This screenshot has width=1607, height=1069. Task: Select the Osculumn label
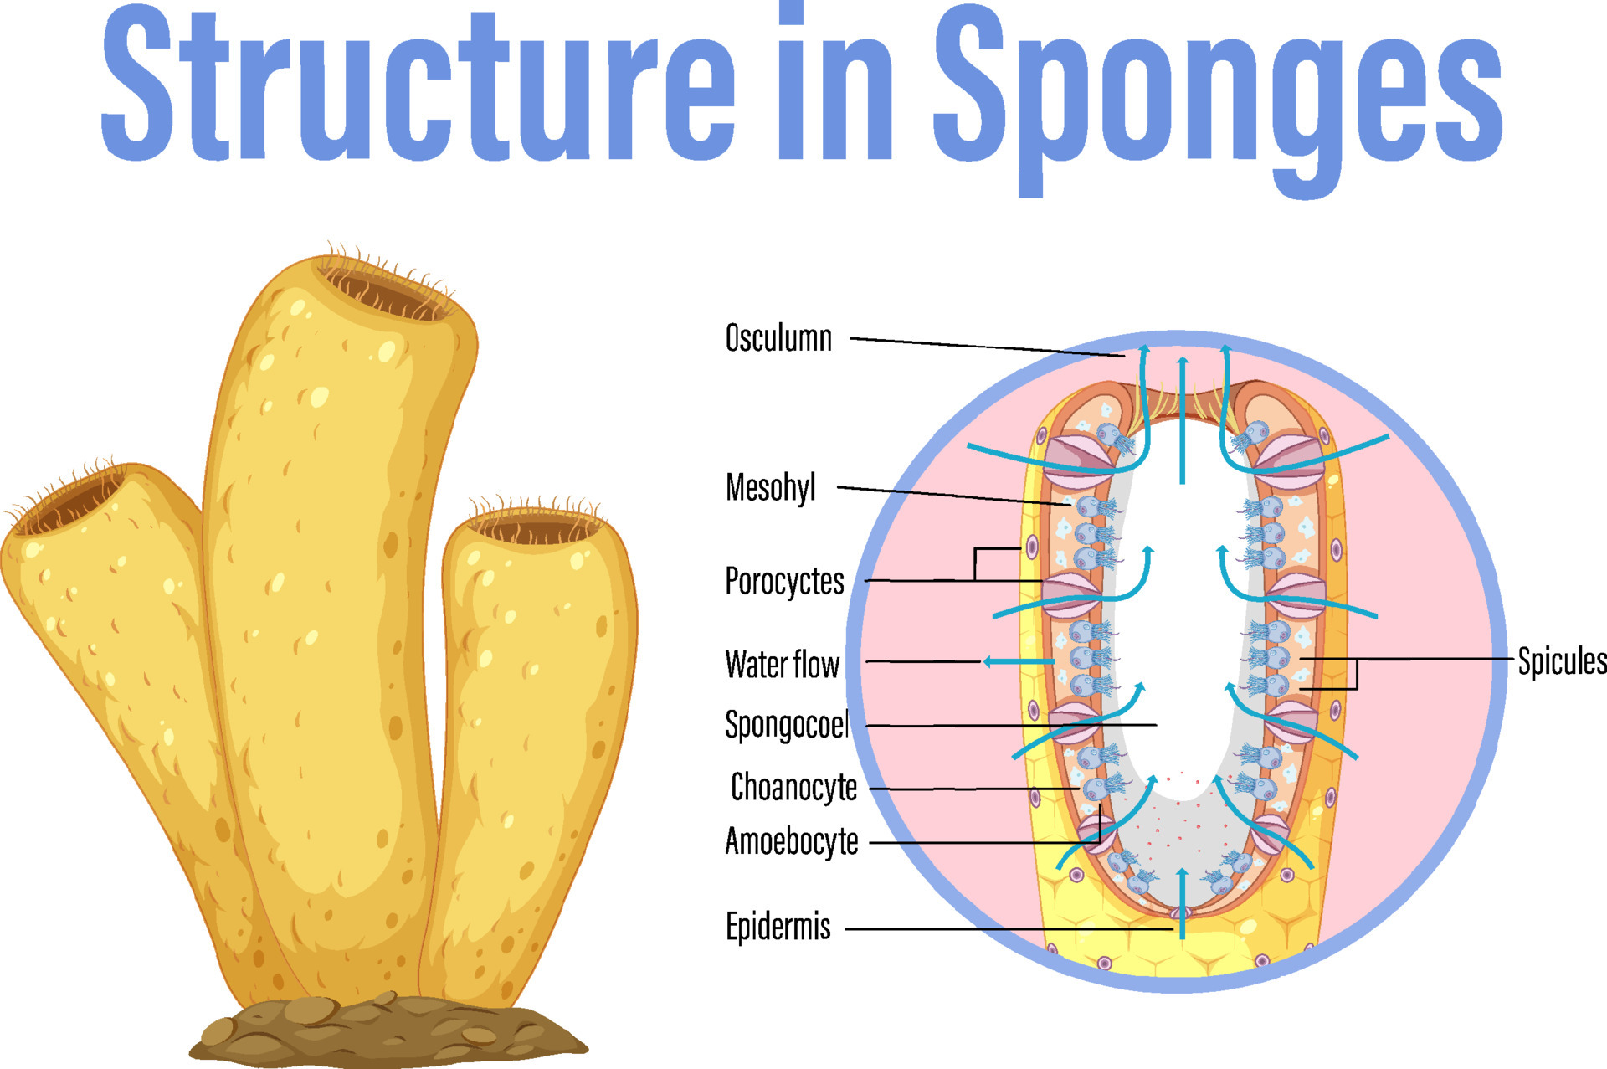[778, 338]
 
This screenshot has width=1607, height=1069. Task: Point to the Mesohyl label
[771, 487]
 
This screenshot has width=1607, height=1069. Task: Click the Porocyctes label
[784, 581]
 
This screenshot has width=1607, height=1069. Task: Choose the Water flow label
[782, 664]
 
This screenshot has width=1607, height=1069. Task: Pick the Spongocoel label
[787, 725]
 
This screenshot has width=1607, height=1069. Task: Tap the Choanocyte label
[793, 788]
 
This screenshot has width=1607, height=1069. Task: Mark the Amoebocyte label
[792, 841]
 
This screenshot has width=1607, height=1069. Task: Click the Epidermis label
[778, 927]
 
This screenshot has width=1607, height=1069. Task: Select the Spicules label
[1562, 661]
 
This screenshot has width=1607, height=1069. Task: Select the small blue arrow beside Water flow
[1018, 661]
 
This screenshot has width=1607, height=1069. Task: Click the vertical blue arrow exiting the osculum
[1182, 419]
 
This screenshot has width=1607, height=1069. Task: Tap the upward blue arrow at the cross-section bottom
[1182, 903]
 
